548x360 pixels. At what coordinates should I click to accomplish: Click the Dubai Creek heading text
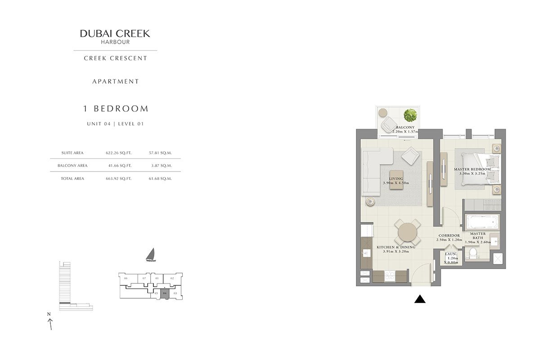tap(115, 33)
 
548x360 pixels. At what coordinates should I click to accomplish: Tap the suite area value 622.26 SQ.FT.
tap(119, 153)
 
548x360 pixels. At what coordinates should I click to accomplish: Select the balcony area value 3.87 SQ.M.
tap(162, 166)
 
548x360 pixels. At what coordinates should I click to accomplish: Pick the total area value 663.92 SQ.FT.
tap(119, 179)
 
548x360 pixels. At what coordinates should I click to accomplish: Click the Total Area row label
tap(72, 179)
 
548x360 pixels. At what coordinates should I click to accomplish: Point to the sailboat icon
tap(151, 255)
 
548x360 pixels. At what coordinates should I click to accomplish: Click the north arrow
tap(50, 323)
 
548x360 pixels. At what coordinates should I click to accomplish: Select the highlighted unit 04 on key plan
tap(165, 295)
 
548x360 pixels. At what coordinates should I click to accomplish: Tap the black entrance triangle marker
tap(420, 299)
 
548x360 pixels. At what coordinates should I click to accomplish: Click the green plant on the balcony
tap(410, 115)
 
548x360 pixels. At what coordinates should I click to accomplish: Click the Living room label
tap(396, 179)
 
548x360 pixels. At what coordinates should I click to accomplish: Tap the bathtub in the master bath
tap(482, 222)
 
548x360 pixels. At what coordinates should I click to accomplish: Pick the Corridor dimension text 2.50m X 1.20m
tap(449, 240)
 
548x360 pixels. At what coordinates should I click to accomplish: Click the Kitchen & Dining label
tap(396, 247)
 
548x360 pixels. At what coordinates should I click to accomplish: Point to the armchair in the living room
tap(410, 156)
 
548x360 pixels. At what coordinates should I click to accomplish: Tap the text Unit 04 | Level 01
tap(115, 124)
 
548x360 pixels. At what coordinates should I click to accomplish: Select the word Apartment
tap(116, 81)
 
